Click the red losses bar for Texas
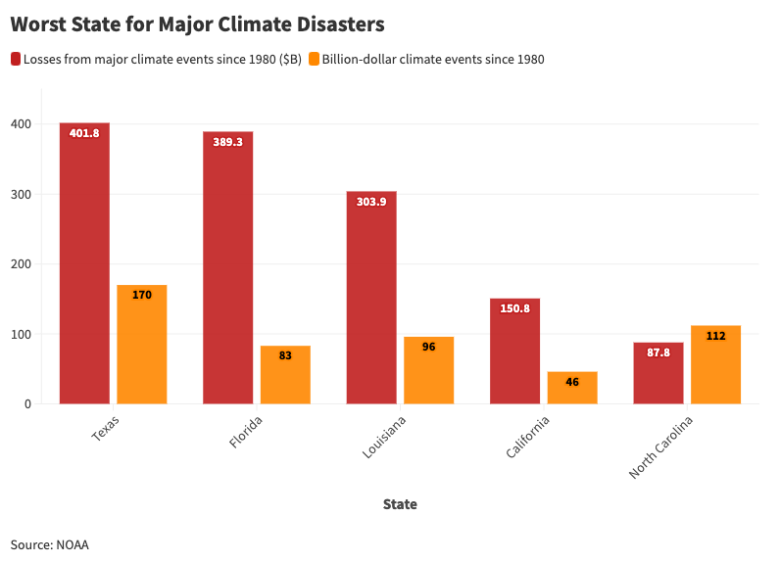[x=84, y=264]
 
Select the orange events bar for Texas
[x=142, y=345]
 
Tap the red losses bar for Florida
[x=227, y=269]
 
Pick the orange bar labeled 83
[x=285, y=375]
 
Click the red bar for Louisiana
[x=371, y=299]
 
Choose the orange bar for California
[x=572, y=388]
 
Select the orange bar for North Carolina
[x=715, y=364]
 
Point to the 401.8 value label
[x=84, y=133]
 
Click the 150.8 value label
[x=515, y=308]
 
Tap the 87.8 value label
[x=658, y=352]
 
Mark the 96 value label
[x=428, y=347]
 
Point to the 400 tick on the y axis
[x=22, y=124]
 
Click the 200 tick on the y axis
[x=22, y=264]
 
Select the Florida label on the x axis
[x=246, y=432]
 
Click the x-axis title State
[x=400, y=504]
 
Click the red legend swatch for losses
[x=16, y=59]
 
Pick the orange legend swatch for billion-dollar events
[x=315, y=59]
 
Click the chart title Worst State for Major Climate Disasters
[x=197, y=23]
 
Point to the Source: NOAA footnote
[x=50, y=544]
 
